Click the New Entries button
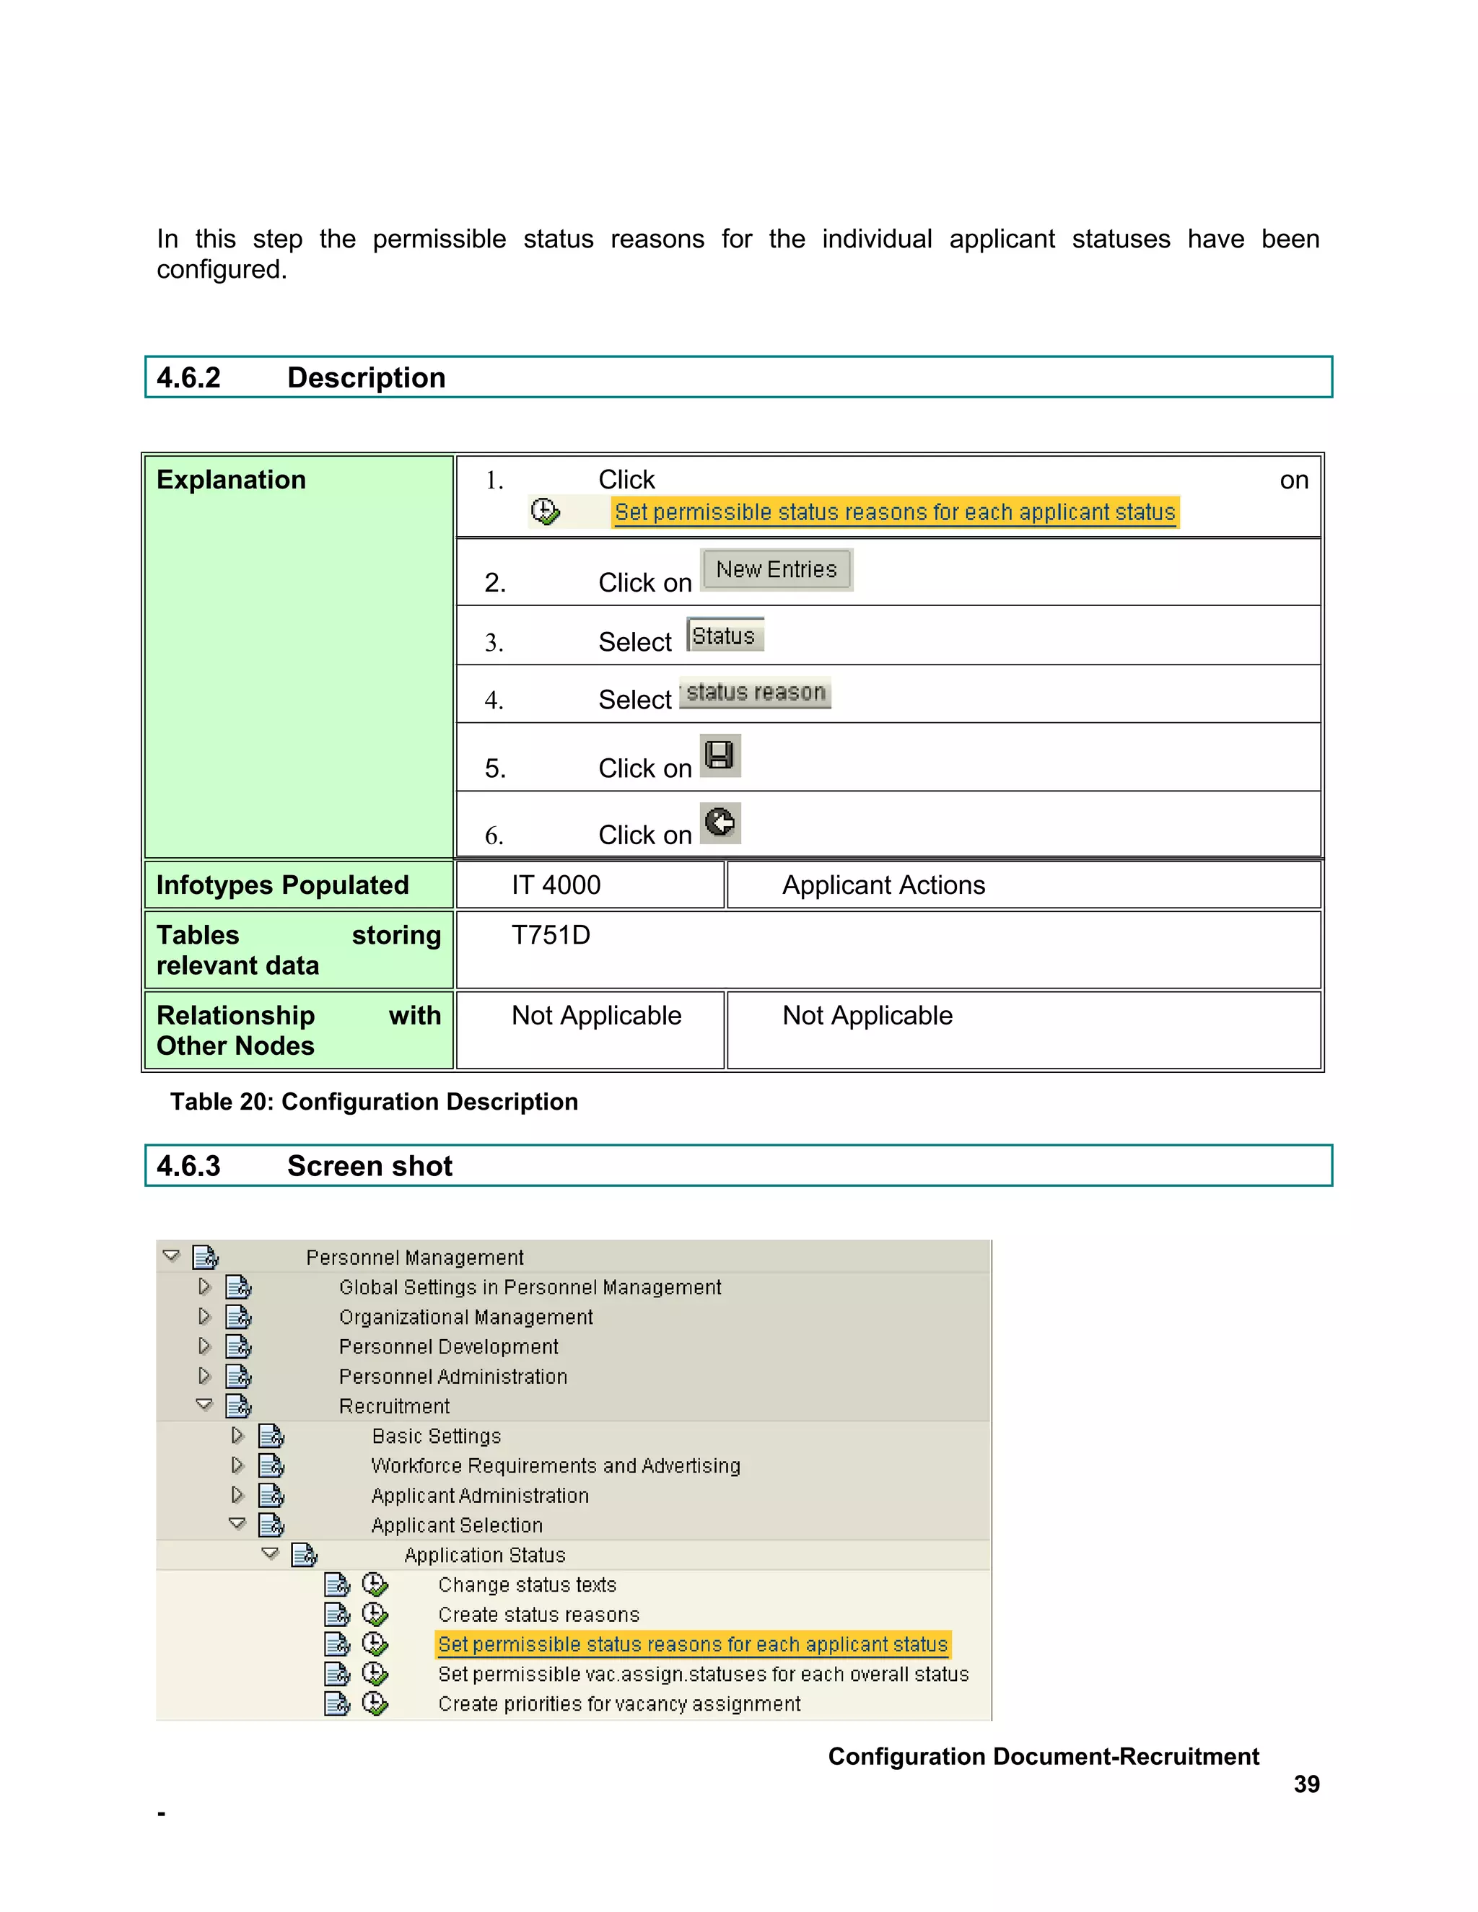[x=776, y=570]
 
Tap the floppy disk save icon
[x=720, y=755]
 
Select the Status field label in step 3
[x=724, y=636]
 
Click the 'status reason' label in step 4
[x=755, y=693]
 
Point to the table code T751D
[x=551, y=935]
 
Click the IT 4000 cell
[x=556, y=885]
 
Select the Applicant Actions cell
[x=883, y=885]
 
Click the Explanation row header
[x=231, y=480]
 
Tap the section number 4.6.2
[x=188, y=377]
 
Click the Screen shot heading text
[x=369, y=1166]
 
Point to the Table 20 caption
[x=374, y=1101]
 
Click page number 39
[x=1306, y=1784]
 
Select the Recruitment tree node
[x=394, y=1406]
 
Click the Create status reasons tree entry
[x=538, y=1614]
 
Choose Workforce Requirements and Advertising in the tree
[x=555, y=1465]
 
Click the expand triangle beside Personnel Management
[x=172, y=1255]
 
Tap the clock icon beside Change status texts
[x=375, y=1584]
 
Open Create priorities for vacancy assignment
[x=619, y=1703]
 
